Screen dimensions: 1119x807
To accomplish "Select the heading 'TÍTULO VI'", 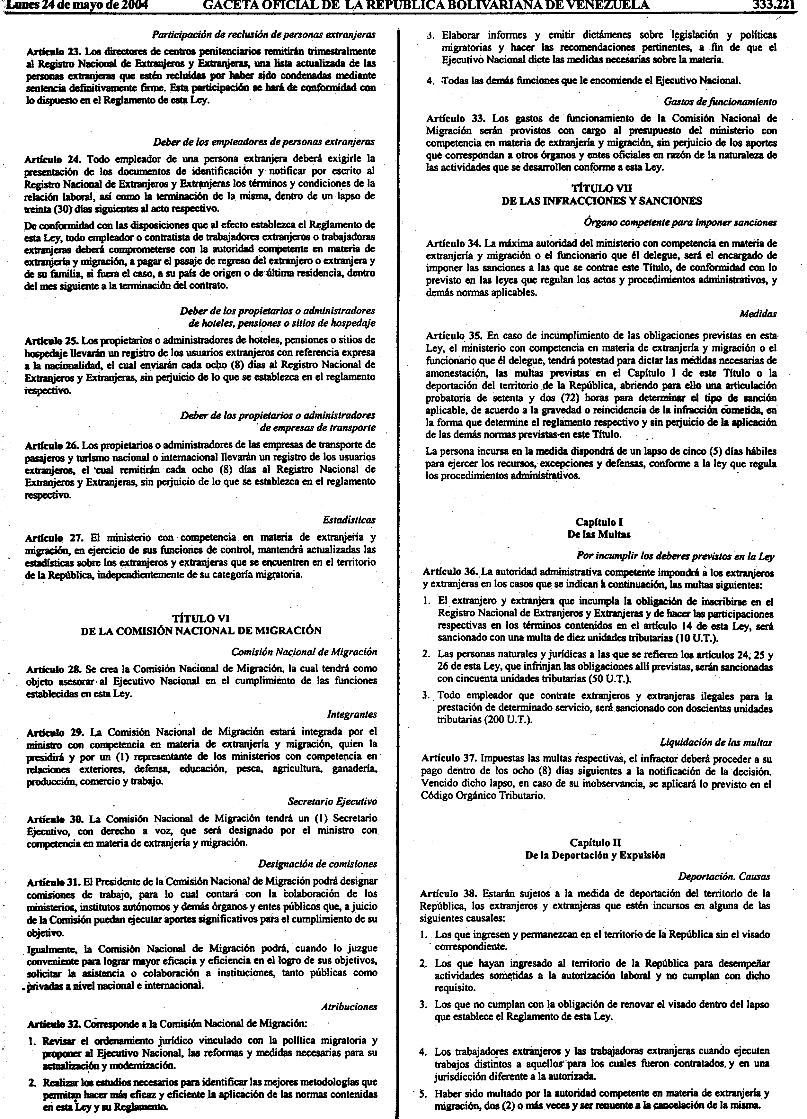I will point(201,618).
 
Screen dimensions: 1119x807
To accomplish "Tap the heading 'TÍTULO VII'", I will point(601,188).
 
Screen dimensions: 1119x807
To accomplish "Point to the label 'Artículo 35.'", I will point(454,335).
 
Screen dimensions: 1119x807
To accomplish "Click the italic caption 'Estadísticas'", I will point(349,520).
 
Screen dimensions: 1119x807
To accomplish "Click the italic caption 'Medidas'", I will point(758,314).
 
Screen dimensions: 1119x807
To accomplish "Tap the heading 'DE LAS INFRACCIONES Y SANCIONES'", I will point(601,200).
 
